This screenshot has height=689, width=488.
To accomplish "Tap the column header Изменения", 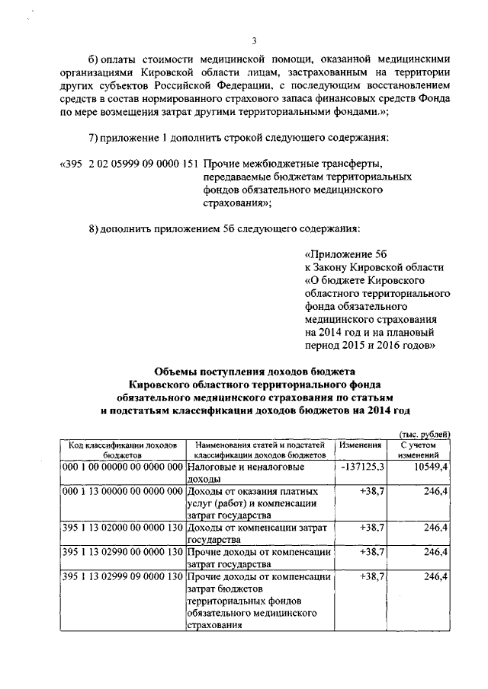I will [x=361, y=445].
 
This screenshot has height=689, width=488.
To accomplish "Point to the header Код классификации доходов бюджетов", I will [x=122, y=448].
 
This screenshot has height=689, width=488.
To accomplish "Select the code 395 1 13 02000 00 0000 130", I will [x=123, y=526].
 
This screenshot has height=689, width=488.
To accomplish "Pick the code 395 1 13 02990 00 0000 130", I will [x=123, y=551].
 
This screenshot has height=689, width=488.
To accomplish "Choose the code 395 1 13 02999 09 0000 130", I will [x=123, y=576].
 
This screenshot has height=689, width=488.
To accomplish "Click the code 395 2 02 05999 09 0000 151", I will [x=134, y=164].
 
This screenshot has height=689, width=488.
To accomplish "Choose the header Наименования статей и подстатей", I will [x=260, y=444].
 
